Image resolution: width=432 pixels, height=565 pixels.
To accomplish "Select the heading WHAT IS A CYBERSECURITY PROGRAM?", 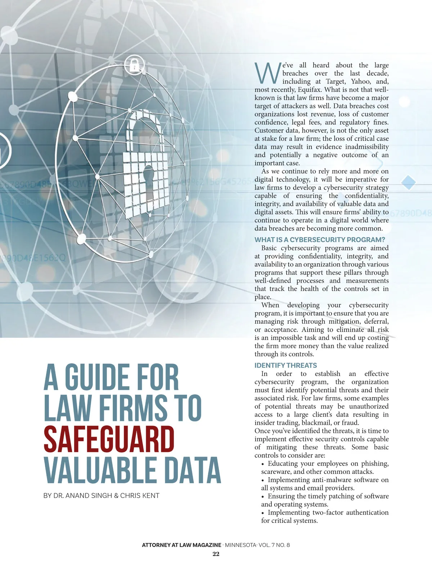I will point(320,240).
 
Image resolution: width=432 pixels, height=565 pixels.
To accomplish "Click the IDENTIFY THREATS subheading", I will point(285,365).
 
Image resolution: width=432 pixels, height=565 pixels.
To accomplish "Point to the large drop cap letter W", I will point(267,73).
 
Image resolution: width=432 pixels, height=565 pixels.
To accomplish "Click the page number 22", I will point(216,554).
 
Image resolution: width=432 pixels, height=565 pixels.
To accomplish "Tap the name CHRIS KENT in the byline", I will point(140,496).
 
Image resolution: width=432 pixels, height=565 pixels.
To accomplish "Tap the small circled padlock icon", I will point(134,65).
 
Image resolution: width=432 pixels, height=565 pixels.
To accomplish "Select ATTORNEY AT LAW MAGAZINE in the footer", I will point(181,545).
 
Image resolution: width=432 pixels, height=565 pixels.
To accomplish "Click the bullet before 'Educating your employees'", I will point(263,464).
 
